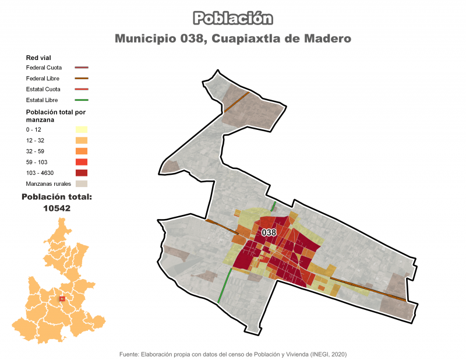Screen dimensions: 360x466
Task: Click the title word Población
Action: point(232,19)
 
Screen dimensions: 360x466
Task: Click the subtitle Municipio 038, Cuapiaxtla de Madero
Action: point(232,39)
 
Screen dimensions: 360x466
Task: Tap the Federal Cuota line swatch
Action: point(81,68)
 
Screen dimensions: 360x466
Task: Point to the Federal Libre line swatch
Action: point(81,79)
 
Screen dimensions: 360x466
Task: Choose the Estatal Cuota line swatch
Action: point(81,90)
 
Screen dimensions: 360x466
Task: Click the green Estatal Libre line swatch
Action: point(81,100)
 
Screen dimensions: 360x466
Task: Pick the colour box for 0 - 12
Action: point(81,129)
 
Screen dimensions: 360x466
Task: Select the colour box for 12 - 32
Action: point(81,140)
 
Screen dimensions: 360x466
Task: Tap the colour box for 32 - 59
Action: point(81,151)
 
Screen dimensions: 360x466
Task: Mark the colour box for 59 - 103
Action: point(81,162)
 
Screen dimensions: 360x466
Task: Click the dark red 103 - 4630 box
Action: point(81,173)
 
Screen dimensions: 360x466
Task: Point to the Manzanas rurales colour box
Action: point(81,184)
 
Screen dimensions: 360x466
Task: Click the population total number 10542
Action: point(57,207)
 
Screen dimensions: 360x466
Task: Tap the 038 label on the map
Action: point(269,232)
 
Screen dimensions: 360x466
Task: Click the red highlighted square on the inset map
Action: point(62,299)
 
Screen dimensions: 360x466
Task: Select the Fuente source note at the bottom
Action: point(232,354)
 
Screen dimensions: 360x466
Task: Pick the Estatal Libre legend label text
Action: point(43,100)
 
